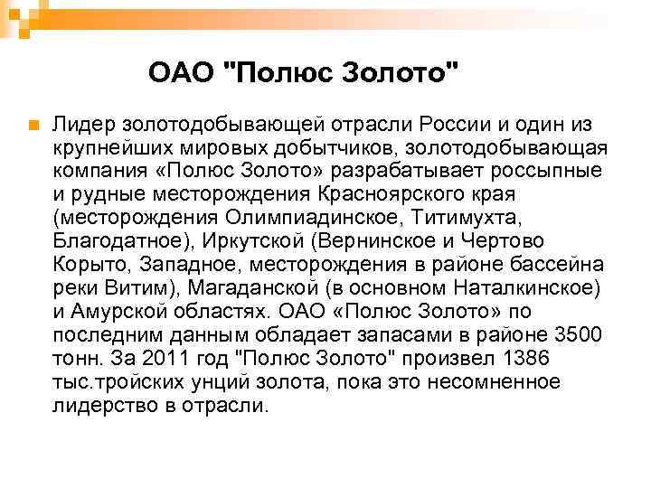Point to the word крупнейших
click(108, 146)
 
